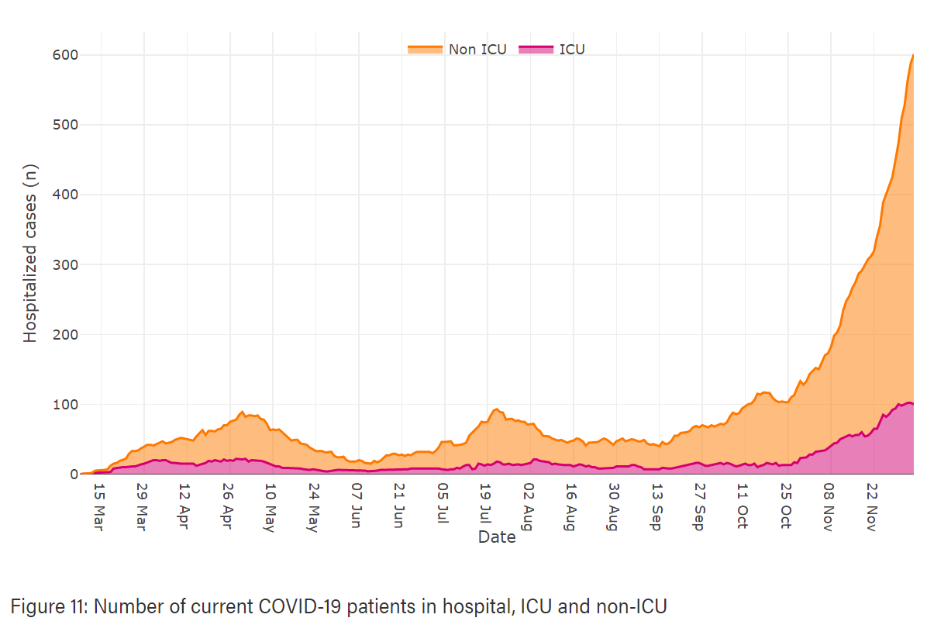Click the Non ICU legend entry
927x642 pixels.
[x=477, y=50]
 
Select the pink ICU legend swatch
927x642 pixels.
[x=536, y=50]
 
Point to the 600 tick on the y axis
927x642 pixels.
[x=65, y=55]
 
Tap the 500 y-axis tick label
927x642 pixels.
[x=65, y=125]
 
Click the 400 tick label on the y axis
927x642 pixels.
[x=65, y=195]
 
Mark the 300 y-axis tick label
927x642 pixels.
[x=65, y=264]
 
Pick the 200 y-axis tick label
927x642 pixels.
[x=65, y=334]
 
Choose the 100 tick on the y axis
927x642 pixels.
[x=65, y=404]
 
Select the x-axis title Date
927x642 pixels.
[x=497, y=537]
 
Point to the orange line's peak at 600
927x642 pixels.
[x=912, y=55]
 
